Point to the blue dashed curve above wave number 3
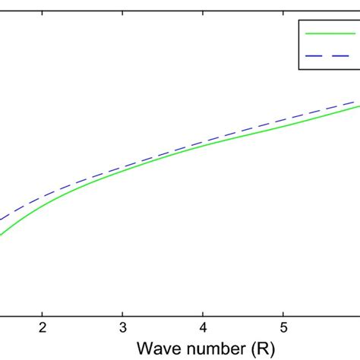tap(122, 163)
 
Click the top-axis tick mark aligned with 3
tap(122, 2)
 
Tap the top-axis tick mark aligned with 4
tap(203, 2)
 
